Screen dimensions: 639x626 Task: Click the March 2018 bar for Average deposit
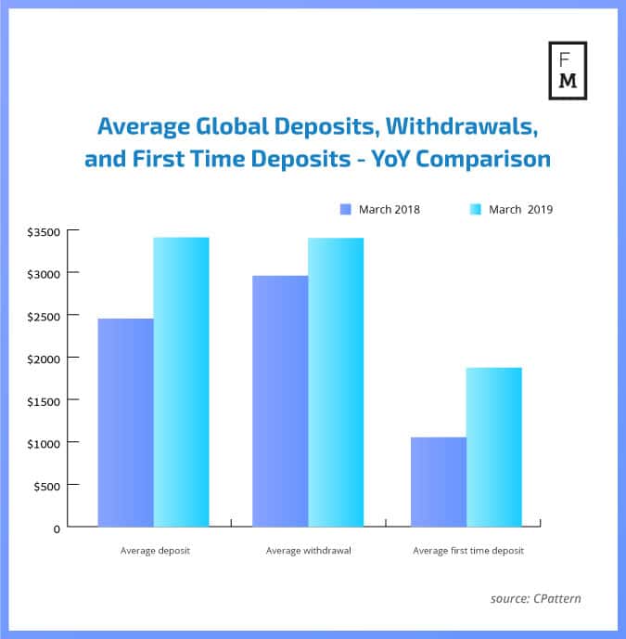click(125, 423)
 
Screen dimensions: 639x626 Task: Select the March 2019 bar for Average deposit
click(181, 382)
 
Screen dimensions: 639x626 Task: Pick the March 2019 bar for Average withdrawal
click(336, 382)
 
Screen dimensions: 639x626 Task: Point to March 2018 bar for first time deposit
click(438, 481)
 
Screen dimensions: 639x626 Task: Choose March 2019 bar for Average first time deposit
click(493, 447)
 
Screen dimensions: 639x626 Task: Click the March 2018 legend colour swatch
click(345, 209)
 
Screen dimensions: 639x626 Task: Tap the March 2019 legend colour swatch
click(476, 209)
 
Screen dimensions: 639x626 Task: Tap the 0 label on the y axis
click(57, 528)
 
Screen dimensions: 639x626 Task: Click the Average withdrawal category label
click(308, 551)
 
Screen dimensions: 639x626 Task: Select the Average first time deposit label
click(467, 551)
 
